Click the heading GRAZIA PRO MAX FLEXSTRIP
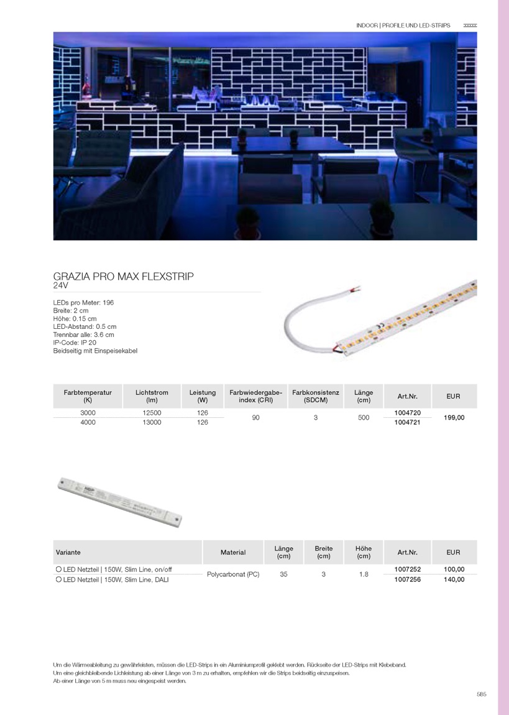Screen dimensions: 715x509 [x=124, y=276]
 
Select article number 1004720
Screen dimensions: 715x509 [x=408, y=413]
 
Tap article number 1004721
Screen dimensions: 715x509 [x=408, y=422]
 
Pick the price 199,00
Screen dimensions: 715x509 [x=454, y=418]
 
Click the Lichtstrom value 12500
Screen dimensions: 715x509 [x=152, y=413]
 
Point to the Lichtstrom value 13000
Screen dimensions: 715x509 [x=152, y=422]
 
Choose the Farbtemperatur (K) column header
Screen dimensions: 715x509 [x=88, y=396]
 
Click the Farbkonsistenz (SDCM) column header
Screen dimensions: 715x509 [x=315, y=396]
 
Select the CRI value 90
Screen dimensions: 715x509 [x=255, y=418]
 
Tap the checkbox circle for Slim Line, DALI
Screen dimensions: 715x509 [x=58, y=579]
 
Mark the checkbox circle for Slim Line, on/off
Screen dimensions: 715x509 [x=58, y=570]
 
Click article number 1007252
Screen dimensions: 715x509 [x=408, y=570]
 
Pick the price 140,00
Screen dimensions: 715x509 [x=454, y=579]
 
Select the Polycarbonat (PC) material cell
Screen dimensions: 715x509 [x=233, y=574]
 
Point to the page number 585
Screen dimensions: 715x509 [x=481, y=694]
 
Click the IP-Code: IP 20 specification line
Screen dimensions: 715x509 [x=75, y=343]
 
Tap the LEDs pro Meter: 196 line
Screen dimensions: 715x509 [x=83, y=302]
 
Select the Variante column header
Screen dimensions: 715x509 [x=68, y=552]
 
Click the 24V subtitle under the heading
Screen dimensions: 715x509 [x=60, y=286]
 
